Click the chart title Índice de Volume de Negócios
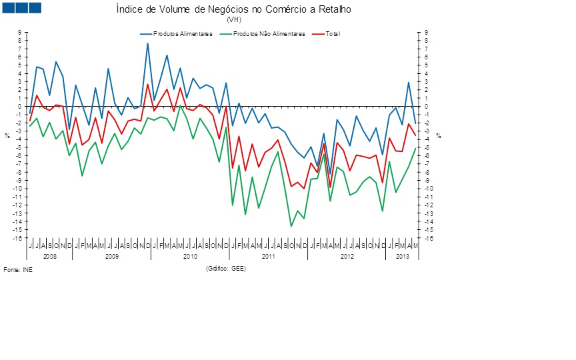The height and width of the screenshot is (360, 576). click(x=233, y=10)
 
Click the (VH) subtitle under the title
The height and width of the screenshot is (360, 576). click(x=233, y=19)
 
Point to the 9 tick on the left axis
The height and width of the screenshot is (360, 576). click(x=20, y=32)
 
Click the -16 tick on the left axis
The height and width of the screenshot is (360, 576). click(x=19, y=238)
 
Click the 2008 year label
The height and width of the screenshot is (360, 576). click(x=51, y=256)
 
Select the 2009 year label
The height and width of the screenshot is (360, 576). click(x=111, y=256)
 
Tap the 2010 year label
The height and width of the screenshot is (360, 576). click(x=190, y=256)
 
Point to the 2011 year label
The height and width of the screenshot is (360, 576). click(x=268, y=256)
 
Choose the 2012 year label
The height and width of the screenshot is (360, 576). click(x=347, y=256)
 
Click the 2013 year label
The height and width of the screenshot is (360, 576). click(x=403, y=256)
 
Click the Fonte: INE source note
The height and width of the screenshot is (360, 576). click(x=18, y=270)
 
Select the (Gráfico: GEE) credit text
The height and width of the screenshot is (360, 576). click(x=227, y=268)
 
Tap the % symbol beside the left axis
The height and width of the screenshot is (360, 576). click(x=7, y=136)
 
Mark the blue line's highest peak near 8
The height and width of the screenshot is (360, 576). click(x=148, y=43)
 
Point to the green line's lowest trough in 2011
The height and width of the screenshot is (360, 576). click(x=291, y=227)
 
